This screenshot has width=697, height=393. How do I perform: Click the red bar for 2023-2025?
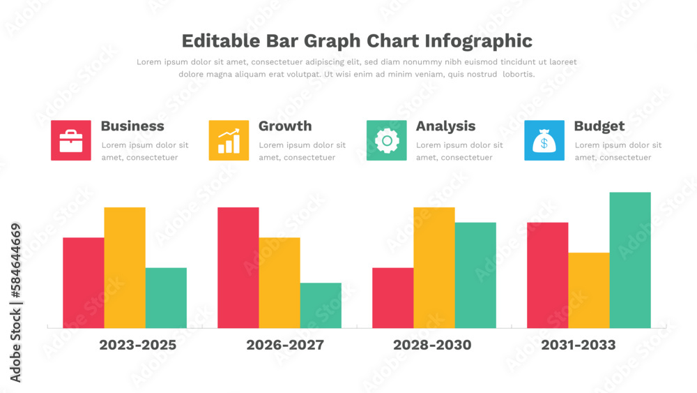[x=84, y=283]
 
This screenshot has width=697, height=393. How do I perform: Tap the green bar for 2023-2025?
[x=166, y=298]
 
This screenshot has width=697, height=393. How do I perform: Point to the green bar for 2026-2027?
[x=321, y=305]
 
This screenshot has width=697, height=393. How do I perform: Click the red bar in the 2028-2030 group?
[x=392, y=298]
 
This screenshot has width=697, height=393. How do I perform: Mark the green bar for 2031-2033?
[x=630, y=260]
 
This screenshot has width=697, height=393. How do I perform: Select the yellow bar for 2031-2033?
[x=589, y=290]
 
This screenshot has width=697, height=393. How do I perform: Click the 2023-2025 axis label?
[x=137, y=345]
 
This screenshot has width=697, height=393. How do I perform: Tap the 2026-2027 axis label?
[x=285, y=345]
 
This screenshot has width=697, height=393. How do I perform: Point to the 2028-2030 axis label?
[x=432, y=345]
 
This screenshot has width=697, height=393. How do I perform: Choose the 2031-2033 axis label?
[x=579, y=345]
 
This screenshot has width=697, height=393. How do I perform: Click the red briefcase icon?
[x=71, y=140]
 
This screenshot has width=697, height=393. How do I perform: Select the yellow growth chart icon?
[x=229, y=140]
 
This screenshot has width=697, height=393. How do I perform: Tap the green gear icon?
[x=387, y=140]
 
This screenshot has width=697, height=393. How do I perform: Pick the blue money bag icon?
[x=544, y=140]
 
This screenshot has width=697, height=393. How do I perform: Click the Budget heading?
[x=599, y=126]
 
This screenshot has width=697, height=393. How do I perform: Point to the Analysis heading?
[x=445, y=126]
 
